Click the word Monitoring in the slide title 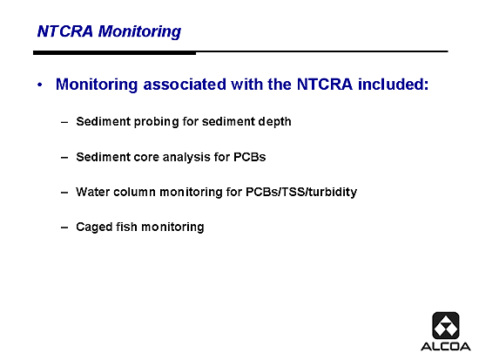click(139, 31)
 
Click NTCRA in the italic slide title click(65, 31)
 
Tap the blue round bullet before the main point click(40, 85)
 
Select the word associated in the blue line click(185, 84)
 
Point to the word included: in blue click(393, 84)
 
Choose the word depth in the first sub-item click(274, 122)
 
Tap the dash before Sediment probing click(64, 123)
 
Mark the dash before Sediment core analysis click(64, 158)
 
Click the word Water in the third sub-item click(93, 192)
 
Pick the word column click(134, 192)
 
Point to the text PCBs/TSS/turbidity click(301, 192)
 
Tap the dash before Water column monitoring click(64, 193)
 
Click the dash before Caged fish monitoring click(64, 228)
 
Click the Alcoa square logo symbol click(446, 325)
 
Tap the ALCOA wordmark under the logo click(446, 347)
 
